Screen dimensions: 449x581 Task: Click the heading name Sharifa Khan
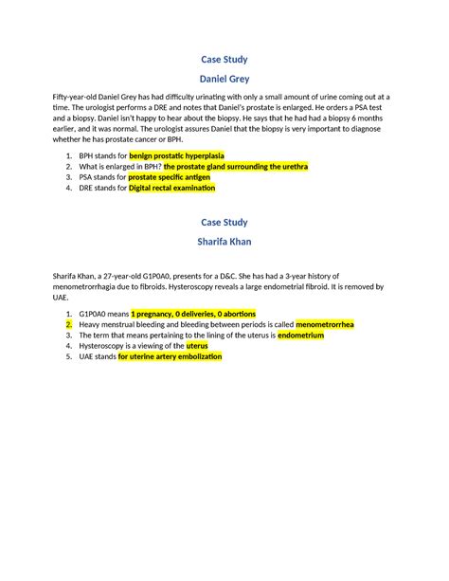point(224,242)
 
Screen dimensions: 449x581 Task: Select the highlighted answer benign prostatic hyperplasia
point(183,154)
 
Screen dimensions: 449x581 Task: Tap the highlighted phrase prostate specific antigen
point(177,176)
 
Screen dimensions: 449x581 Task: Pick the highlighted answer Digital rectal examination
point(171,188)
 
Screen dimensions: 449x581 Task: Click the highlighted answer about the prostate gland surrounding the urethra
point(236,165)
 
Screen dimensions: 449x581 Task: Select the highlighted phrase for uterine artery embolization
point(170,357)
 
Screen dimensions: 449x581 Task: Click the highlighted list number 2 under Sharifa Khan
point(68,323)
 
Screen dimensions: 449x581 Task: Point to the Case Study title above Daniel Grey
point(224,59)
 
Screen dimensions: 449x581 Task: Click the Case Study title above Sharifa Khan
point(224,222)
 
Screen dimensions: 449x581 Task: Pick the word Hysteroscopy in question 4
point(104,346)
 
